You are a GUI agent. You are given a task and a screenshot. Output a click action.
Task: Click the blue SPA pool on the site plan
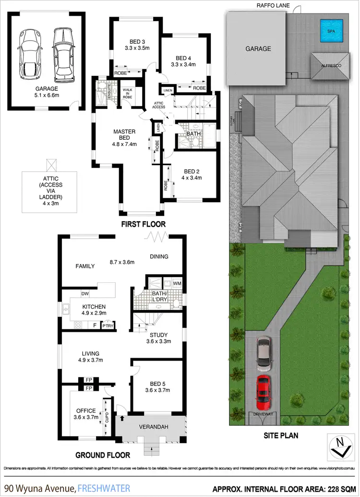tap(331, 30)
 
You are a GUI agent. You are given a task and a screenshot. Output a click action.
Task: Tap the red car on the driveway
tap(264, 391)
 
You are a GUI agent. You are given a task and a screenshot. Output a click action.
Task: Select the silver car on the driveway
tap(264, 354)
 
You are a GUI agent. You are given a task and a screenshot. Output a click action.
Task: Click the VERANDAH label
tap(150, 427)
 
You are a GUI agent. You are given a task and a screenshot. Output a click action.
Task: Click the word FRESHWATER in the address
tap(104, 488)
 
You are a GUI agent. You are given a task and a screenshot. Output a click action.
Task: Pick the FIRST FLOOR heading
tap(143, 224)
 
